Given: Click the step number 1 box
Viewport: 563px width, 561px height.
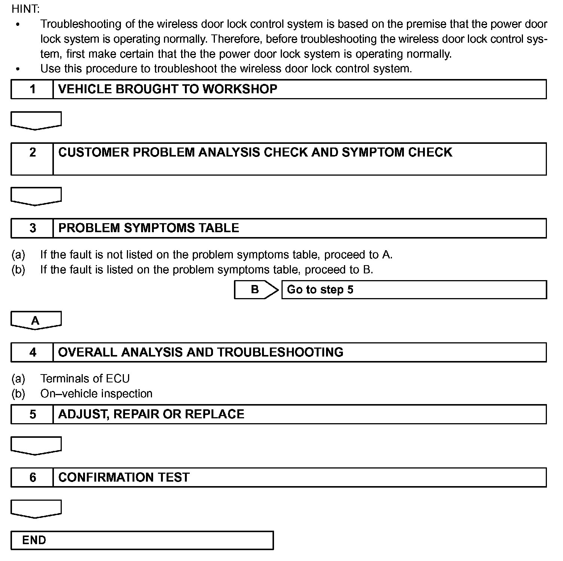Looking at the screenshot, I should coord(33,89).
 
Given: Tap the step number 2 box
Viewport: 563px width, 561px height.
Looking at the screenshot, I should coord(33,158).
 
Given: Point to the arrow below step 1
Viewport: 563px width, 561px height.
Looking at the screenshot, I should coord(36,120).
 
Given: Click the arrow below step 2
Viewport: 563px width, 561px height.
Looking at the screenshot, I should coord(36,196).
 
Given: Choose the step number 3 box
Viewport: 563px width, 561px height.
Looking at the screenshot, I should coord(33,228).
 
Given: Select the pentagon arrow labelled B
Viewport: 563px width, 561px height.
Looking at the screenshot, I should coord(256,289).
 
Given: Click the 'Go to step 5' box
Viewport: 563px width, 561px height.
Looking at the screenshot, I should coord(414,289).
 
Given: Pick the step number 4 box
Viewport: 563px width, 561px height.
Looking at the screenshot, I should coord(33,352).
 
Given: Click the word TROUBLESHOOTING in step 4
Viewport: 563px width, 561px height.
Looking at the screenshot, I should coord(280,352).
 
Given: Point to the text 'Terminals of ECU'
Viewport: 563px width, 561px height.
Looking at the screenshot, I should coord(85,379).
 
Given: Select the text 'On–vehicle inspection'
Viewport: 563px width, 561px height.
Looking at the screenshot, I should coord(96,394).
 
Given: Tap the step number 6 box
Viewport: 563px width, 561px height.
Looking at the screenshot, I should coord(33,477).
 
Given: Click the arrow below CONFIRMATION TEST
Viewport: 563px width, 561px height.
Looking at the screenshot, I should coord(36,509).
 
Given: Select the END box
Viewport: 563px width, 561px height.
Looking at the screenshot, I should coord(142,540).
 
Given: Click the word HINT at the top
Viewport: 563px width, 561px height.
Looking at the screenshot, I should coord(25,9).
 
